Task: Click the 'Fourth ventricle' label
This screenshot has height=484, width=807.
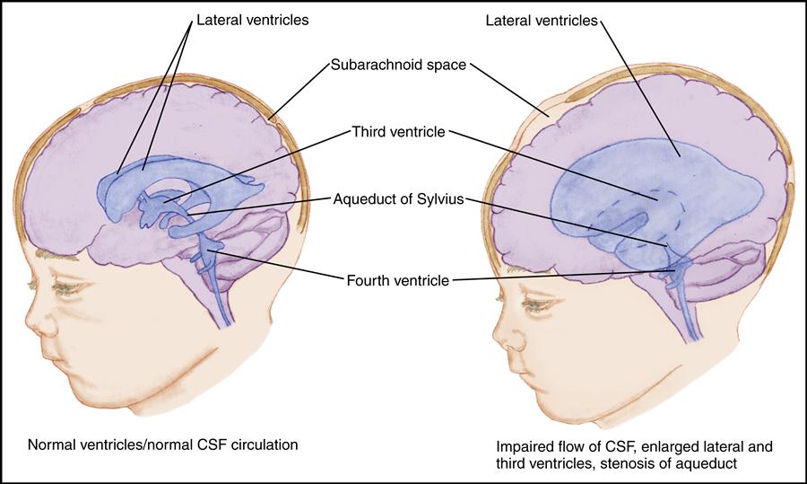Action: click(x=397, y=280)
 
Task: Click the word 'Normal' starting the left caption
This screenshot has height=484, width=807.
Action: click(x=50, y=444)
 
